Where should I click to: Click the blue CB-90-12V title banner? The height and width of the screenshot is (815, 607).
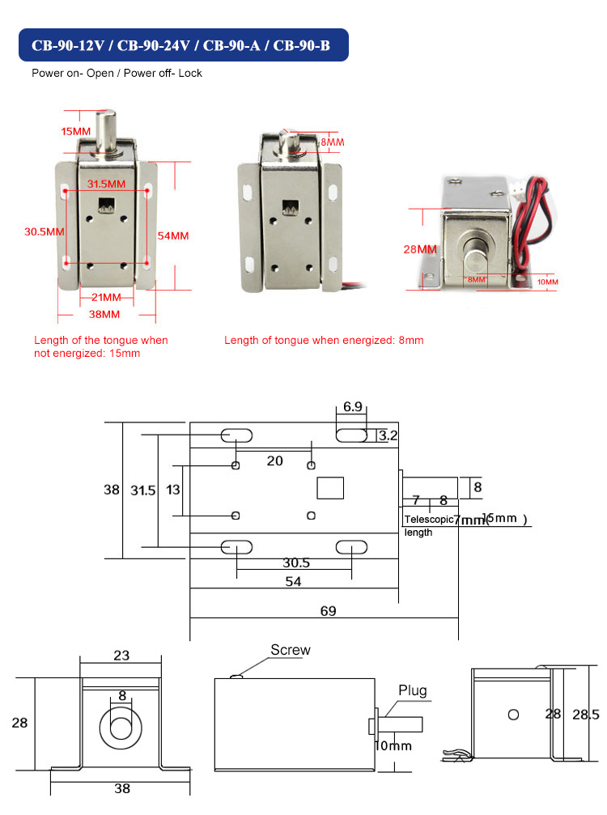(181, 45)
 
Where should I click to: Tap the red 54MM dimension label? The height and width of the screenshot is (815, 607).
(173, 236)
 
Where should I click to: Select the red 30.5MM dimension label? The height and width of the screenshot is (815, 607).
(45, 231)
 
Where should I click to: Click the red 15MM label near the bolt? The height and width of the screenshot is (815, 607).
(76, 131)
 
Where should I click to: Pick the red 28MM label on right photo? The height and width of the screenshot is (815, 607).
(419, 249)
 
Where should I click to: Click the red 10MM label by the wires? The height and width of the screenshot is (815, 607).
(548, 282)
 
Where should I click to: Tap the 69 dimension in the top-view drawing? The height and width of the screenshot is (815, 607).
(327, 611)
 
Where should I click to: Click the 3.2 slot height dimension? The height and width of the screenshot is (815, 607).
(388, 436)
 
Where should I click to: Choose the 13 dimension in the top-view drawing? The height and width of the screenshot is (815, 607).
(172, 490)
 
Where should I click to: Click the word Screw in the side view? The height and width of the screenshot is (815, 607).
(290, 650)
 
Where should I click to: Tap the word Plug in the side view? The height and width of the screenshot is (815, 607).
(412, 691)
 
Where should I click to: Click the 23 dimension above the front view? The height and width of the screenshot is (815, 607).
(121, 656)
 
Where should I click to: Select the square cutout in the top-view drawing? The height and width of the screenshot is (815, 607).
(330, 488)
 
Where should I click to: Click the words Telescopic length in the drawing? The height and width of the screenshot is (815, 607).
(427, 525)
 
